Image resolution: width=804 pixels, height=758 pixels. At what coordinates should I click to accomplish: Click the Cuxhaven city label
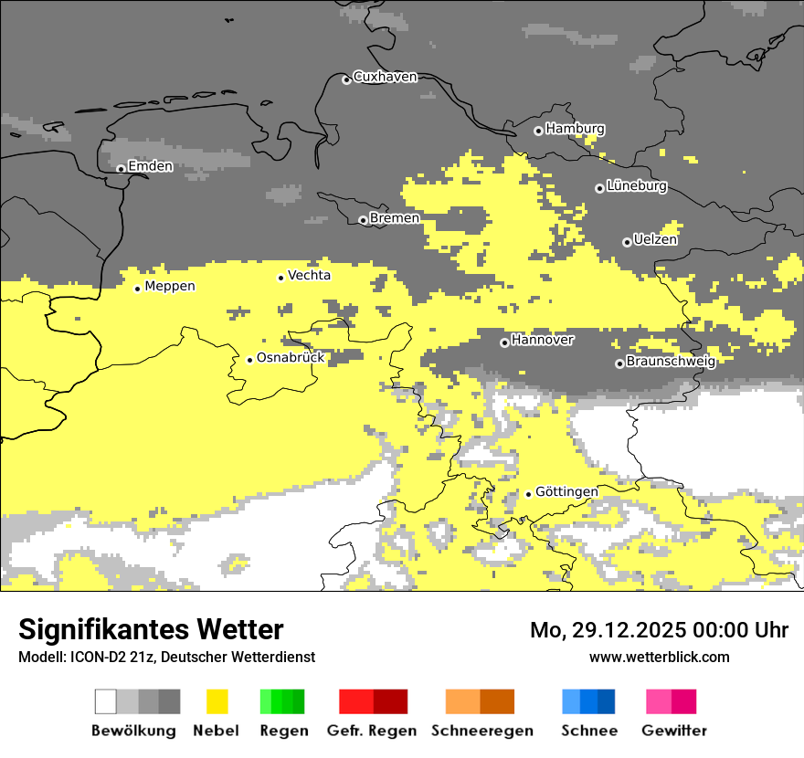coord(385,77)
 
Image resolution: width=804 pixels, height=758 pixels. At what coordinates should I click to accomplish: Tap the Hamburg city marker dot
coord(538,131)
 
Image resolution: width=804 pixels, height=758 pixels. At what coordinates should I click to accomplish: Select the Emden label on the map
coord(150,166)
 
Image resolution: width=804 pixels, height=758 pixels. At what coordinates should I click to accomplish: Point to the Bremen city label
coord(395,218)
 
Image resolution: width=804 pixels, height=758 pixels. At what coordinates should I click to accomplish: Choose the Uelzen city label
coord(655,240)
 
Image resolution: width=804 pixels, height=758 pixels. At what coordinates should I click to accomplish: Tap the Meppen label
coord(170,287)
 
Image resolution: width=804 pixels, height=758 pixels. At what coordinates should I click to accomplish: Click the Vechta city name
coord(309,276)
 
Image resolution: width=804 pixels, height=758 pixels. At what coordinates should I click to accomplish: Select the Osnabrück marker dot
coord(249,360)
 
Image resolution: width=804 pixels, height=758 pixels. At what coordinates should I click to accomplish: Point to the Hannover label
coord(543,340)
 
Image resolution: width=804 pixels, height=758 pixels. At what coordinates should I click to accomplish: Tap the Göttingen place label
coord(566,492)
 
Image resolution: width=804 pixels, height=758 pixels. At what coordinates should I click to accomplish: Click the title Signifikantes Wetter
coord(151,630)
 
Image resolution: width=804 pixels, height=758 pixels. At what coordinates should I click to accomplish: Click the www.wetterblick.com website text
coord(659,657)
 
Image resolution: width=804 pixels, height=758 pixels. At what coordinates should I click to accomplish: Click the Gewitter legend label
coord(673,731)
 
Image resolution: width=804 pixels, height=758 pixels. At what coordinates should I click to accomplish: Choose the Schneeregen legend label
coord(481,731)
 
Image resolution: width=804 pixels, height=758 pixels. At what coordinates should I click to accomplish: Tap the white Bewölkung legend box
coord(106,701)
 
